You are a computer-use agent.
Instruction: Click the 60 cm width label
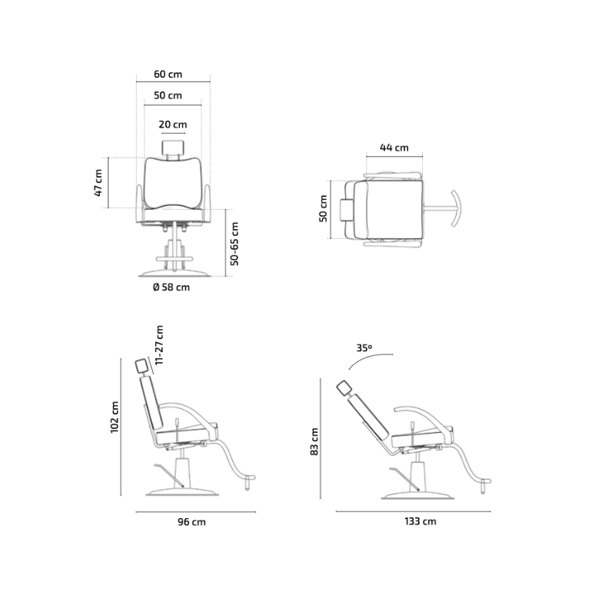[168, 74]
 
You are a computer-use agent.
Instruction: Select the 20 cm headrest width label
[172, 125]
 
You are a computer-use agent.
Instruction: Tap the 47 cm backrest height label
[98, 183]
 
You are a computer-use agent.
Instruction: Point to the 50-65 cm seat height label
[234, 244]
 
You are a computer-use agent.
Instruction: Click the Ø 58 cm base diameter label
[171, 287]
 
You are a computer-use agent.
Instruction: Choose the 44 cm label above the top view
[394, 148]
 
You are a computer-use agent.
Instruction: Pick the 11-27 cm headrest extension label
[159, 345]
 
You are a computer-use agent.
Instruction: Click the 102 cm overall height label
[114, 417]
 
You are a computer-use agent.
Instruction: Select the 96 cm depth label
[191, 522]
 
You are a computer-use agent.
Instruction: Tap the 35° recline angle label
[364, 347]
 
